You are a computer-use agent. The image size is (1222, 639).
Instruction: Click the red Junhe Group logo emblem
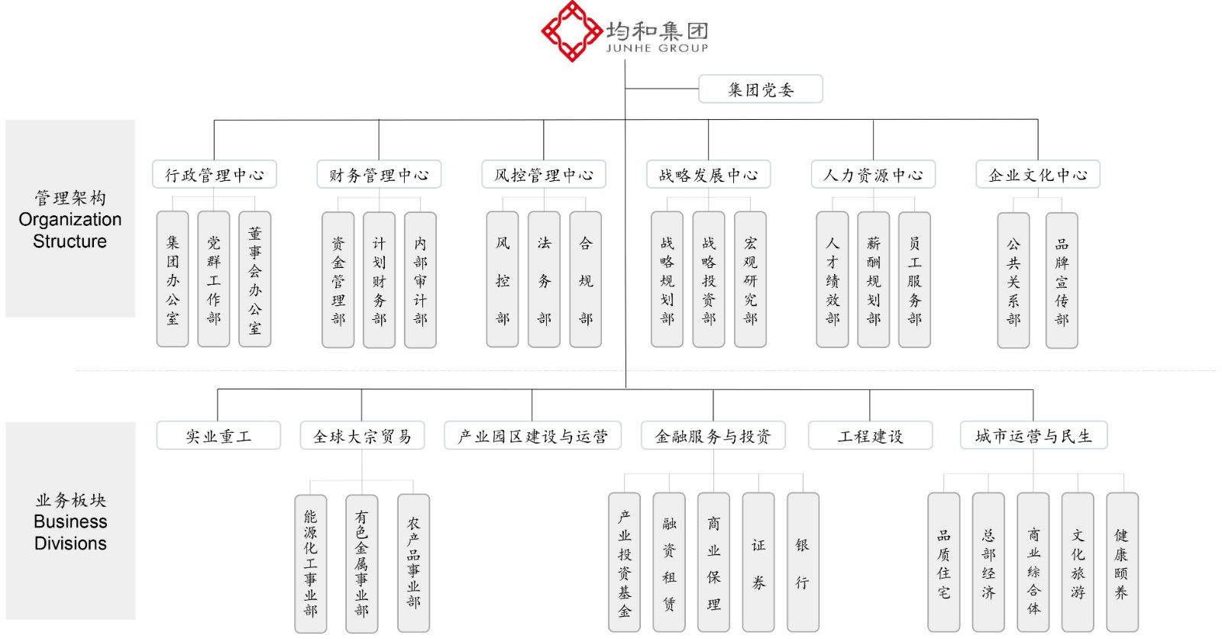click(571, 31)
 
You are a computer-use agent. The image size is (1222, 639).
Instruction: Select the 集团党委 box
click(761, 89)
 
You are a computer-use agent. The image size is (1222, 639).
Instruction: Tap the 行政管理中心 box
click(215, 175)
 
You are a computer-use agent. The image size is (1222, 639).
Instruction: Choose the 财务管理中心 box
click(379, 175)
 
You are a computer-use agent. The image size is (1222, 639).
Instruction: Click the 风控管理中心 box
click(544, 175)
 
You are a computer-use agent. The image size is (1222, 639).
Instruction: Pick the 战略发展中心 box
click(708, 175)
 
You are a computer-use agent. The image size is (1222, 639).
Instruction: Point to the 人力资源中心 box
click(873, 175)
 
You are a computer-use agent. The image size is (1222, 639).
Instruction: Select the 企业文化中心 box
click(1038, 175)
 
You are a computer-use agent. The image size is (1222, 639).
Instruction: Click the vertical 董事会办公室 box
click(255, 279)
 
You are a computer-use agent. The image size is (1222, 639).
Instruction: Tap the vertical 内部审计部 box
click(420, 279)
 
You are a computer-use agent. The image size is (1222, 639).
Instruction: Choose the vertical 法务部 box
click(544, 279)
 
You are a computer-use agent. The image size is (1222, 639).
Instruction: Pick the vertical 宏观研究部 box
click(750, 279)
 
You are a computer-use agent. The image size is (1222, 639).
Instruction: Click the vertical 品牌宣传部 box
click(1062, 280)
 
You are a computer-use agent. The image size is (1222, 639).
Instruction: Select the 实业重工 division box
click(218, 436)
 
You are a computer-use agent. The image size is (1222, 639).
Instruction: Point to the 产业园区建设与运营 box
click(532, 436)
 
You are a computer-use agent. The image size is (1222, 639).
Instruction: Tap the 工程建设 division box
click(870, 436)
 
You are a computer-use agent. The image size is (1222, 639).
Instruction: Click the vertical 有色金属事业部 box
click(361, 563)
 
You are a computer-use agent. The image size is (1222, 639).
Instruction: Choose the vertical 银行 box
click(802, 562)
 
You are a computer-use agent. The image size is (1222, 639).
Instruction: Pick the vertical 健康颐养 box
click(1121, 562)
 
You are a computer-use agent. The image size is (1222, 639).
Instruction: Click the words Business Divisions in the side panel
click(70, 532)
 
